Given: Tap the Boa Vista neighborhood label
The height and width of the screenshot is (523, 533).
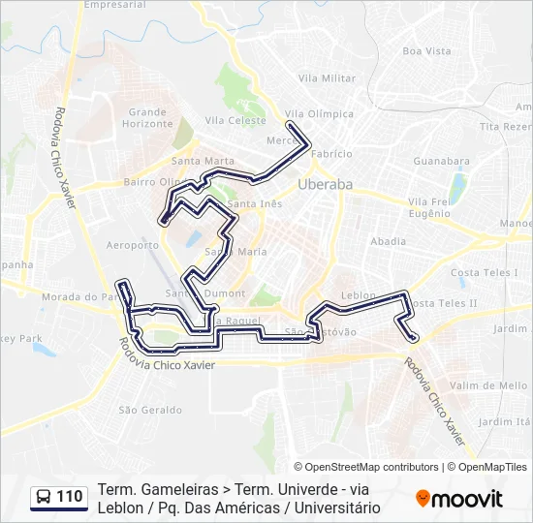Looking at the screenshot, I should pos(426,51).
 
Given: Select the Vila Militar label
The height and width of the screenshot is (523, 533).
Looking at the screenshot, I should pos(327,78).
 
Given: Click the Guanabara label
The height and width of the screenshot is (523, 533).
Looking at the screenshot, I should pos(441,161).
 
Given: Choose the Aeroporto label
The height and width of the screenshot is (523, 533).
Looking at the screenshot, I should pos(134,246).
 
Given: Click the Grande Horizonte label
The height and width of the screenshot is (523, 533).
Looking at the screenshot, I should pos(148,118).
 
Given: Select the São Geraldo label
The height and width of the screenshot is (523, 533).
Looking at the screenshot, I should pos(149,410).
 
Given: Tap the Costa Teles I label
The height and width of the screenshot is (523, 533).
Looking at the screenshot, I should pos(485,273).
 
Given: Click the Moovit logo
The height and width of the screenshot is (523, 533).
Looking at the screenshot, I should pos(459,499).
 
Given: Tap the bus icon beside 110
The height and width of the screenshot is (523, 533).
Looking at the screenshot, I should pos(44,498).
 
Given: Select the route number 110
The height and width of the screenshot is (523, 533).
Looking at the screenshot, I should pos(70,498).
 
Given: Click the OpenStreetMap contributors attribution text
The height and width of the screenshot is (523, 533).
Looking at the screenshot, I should pos(371,467).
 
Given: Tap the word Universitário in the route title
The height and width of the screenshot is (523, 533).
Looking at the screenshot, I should pos(334,508).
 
